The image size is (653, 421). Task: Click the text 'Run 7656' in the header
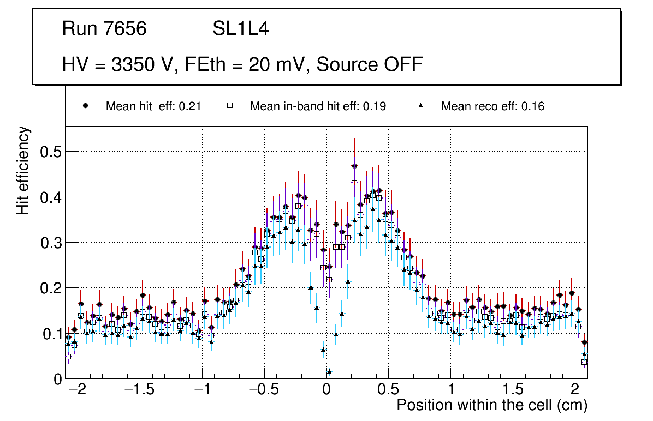coord(104,29)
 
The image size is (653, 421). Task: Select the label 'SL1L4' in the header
coord(240,29)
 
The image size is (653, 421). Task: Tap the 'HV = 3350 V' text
coord(118,64)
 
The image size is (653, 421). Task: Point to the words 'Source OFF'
coord(370,64)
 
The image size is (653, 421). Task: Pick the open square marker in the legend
coord(230,106)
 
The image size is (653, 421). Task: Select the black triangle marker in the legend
coord(421,106)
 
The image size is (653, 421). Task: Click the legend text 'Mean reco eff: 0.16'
coord(492,106)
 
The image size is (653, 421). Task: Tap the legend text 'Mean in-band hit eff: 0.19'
coord(318,106)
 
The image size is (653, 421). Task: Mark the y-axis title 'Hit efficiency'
coord(23,171)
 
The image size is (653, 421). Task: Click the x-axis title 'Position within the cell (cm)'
coord(491,406)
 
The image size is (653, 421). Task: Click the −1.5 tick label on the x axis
coord(140,391)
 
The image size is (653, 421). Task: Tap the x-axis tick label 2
coord(575,391)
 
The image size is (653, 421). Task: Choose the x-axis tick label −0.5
coord(264,391)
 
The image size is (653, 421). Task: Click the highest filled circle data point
coord(354,166)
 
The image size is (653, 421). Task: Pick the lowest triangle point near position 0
coord(329,371)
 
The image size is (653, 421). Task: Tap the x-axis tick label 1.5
coord(513,391)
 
